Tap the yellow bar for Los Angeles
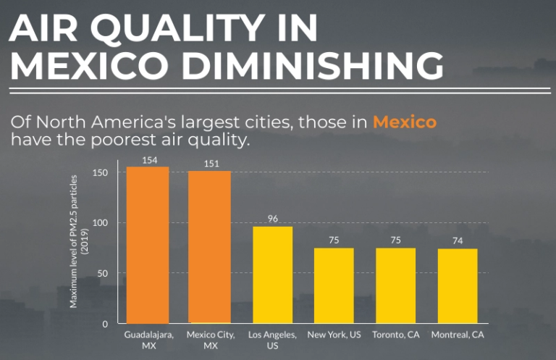[x=272, y=275]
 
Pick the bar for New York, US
[x=334, y=285]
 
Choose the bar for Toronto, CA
[x=395, y=285]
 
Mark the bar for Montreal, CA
[x=458, y=285]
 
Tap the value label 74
[x=458, y=241]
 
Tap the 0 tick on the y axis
[x=106, y=324]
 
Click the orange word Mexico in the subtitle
[x=404, y=122]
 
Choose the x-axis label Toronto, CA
[x=395, y=335]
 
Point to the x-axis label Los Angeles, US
[x=272, y=340]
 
